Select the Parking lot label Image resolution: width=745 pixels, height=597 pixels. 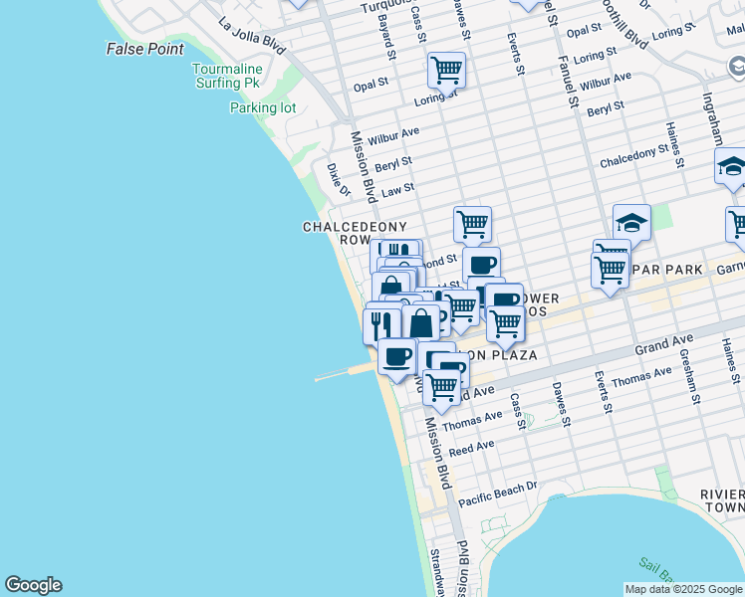263,107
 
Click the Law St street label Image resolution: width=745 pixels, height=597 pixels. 397,189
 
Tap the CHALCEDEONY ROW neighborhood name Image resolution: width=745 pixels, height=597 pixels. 342,234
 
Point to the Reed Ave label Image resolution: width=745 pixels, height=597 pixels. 471,449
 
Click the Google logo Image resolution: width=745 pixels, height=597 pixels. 33,585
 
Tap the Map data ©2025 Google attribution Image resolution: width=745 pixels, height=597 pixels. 683,589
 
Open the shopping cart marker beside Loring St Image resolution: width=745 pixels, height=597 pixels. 446,71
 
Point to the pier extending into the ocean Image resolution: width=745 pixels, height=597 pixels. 345,373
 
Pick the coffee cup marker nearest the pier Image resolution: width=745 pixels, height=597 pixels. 396,356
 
